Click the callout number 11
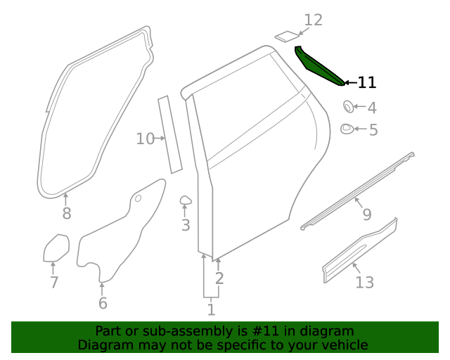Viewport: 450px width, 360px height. point(366,83)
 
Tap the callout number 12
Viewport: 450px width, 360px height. point(313,20)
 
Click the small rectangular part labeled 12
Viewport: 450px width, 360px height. point(285,35)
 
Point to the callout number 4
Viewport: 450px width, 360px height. point(372,108)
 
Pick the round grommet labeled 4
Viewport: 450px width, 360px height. point(347,107)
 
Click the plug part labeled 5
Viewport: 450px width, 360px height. point(347,129)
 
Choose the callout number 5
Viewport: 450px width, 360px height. point(373,130)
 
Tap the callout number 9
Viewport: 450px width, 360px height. point(366,214)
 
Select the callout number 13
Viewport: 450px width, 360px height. point(364,283)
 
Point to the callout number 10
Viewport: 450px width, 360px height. point(145,139)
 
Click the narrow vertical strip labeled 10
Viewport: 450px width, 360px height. point(169,134)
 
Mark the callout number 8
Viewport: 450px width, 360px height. point(66,214)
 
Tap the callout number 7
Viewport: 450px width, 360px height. point(53,283)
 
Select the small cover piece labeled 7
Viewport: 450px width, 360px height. point(56,248)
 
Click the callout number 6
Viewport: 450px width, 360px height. point(103,303)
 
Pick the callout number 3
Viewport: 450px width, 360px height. point(185,225)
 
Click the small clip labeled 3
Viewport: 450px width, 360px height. point(186,201)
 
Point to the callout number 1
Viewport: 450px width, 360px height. point(211,309)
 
